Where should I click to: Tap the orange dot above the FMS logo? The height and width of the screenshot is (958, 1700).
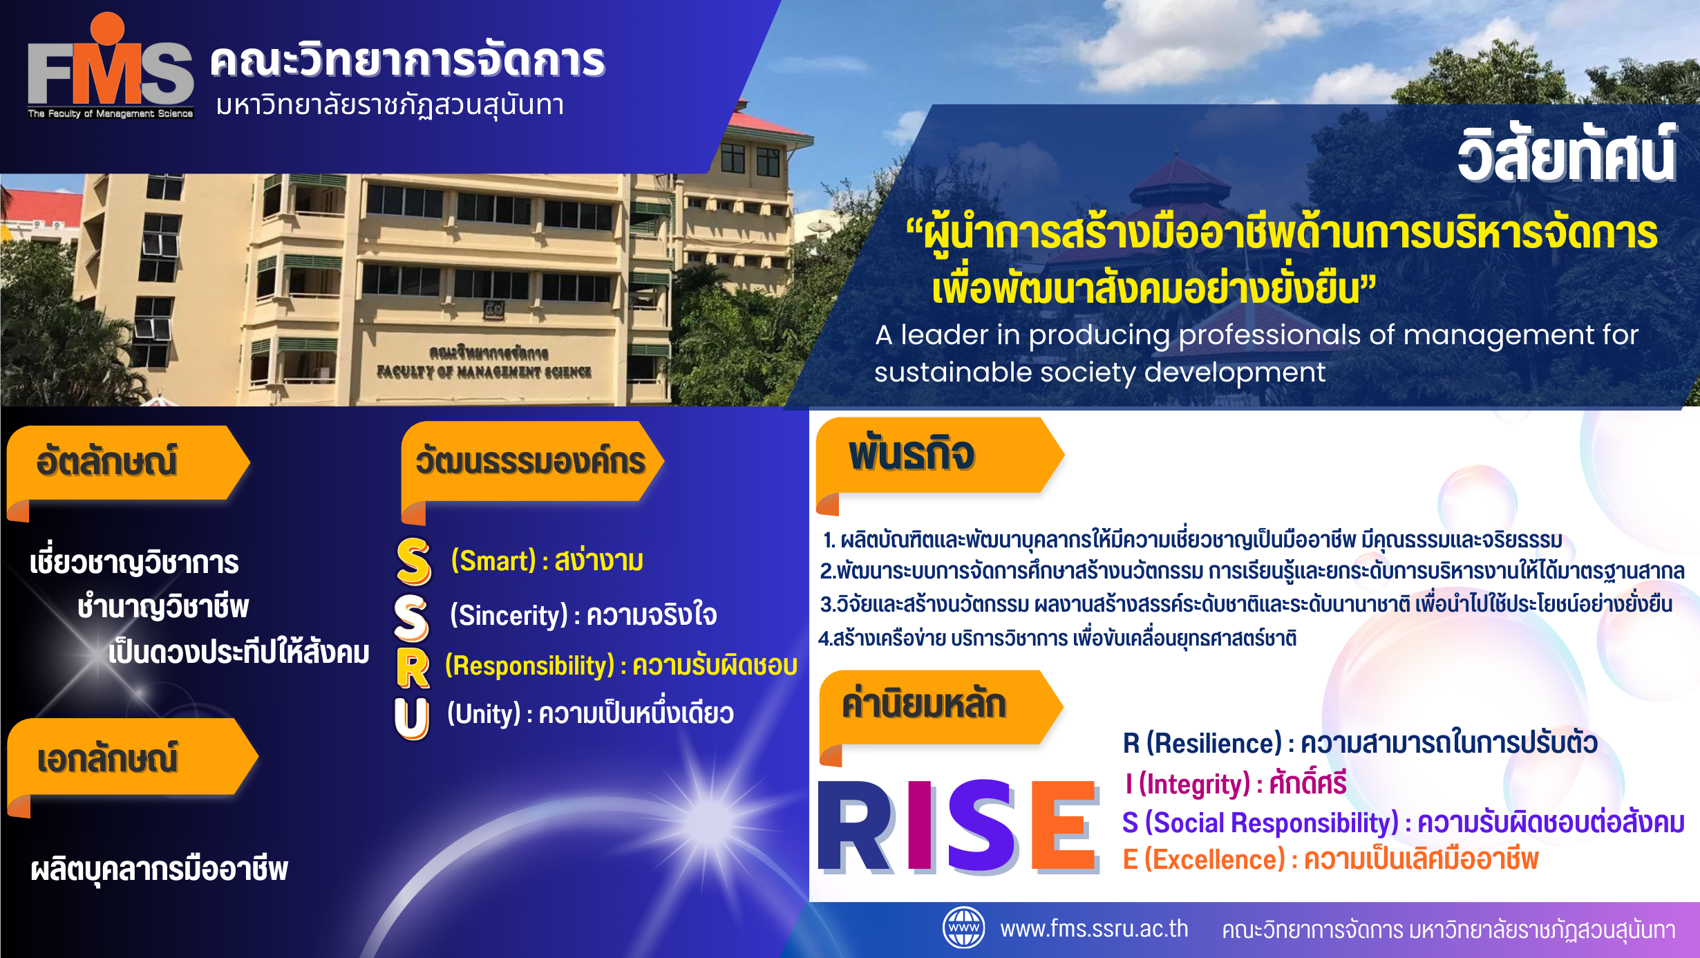click(x=107, y=29)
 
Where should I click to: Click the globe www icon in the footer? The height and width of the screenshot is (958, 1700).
click(x=964, y=928)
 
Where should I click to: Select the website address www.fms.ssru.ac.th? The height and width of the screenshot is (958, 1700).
click(x=1094, y=928)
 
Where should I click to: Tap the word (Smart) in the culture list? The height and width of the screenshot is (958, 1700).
click(x=493, y=561)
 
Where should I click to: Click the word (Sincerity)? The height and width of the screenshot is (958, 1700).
click(x=509, y=614)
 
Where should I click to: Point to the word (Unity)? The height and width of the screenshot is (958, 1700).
click(x=484, y=713)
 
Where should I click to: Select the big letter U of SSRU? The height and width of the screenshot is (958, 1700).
click(x=412, y=718)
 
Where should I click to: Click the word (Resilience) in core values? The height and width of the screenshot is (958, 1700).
click(x=1214, y=743)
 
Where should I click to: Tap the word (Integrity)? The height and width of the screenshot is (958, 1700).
click(x=1194, y=784)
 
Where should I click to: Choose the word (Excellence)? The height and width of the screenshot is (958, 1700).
click(x=1214, y=859)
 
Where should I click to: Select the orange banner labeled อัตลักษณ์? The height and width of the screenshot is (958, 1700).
click(x=128, y=467)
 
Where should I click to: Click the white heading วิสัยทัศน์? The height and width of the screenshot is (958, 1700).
click(x=1567, y=155)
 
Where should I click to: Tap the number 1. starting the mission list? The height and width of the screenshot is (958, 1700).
click(x=829, y=540)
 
